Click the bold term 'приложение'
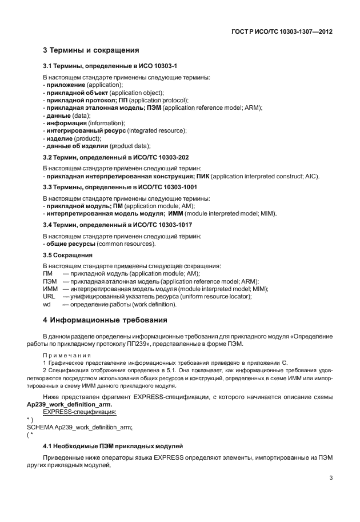65,85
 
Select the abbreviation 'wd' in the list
47,304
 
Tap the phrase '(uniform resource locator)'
215,296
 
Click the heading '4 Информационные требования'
106,320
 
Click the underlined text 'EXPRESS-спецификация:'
79,411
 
